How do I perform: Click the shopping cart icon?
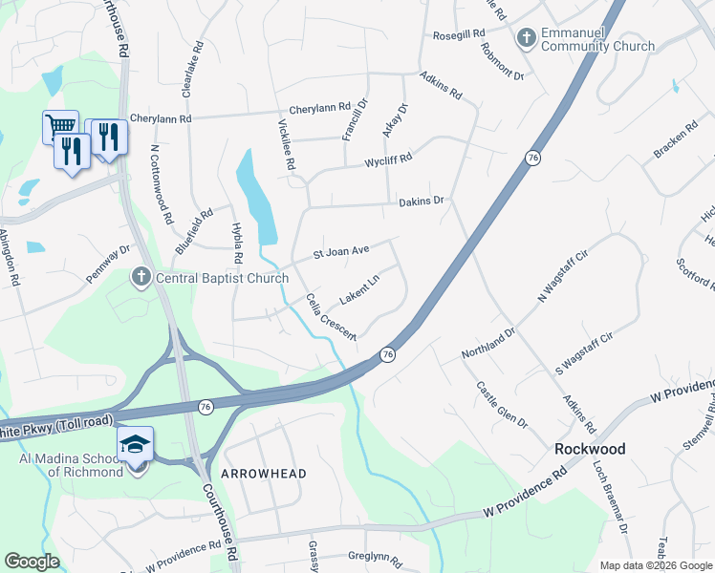coord(59,125)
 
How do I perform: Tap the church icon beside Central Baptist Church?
coord(141,278)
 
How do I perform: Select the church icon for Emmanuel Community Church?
coord(525,38)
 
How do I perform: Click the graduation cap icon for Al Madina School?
coord(135,445)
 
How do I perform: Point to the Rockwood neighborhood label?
coord(591,449)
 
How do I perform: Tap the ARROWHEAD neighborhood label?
coord(264,474)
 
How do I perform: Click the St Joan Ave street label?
coord(341,253)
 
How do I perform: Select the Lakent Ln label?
coord(359,286)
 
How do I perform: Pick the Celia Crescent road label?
coord(331,317)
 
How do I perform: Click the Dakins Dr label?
coord(422,202)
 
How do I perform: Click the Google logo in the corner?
coord(32,562)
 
